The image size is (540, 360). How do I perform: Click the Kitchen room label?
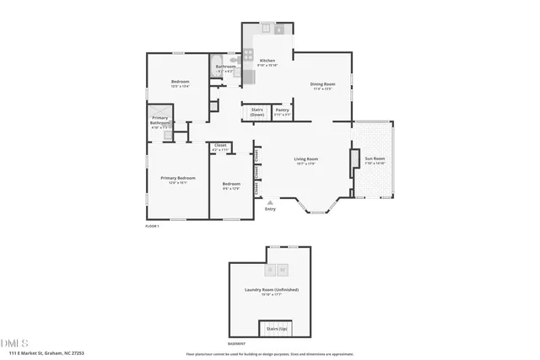coord(267,61)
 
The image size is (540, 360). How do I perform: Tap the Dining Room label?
coord(323,84)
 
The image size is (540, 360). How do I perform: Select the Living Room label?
coord(305,159)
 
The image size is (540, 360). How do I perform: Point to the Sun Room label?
coord(374,159)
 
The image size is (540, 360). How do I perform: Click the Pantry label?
coord(283,110)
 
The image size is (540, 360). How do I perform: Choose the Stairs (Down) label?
coord(257,111)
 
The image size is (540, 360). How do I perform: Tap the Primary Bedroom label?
coord(179,178)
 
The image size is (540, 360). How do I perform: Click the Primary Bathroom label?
coord(160,121)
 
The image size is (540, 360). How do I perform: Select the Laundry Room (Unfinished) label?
coord(272,290)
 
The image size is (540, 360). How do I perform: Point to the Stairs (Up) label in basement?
coord(277,328)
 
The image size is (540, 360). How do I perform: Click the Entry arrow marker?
coord(270,203)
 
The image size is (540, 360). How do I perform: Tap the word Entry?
coord(270,210)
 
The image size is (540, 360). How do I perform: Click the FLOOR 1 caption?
coord(152,226)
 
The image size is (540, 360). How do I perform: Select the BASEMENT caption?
coord(238,344)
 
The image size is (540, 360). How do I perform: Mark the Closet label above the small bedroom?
coord(220,146)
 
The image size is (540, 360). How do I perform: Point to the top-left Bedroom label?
coord(181,82)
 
